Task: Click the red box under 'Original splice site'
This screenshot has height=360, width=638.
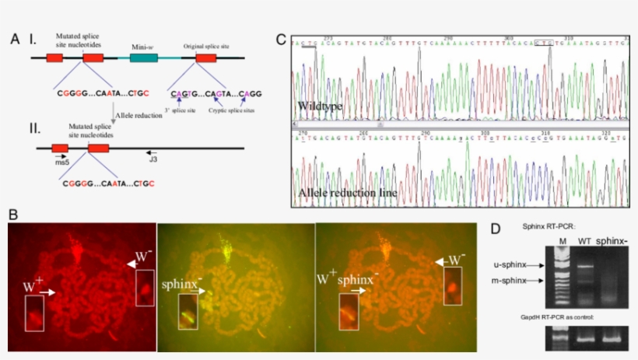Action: coord(206,58)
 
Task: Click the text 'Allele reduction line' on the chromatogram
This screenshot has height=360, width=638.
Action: coord(347,190)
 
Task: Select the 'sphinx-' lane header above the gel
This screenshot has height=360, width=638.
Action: coord(617,241)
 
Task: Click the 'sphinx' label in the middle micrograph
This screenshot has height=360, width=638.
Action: coord(181,285)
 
